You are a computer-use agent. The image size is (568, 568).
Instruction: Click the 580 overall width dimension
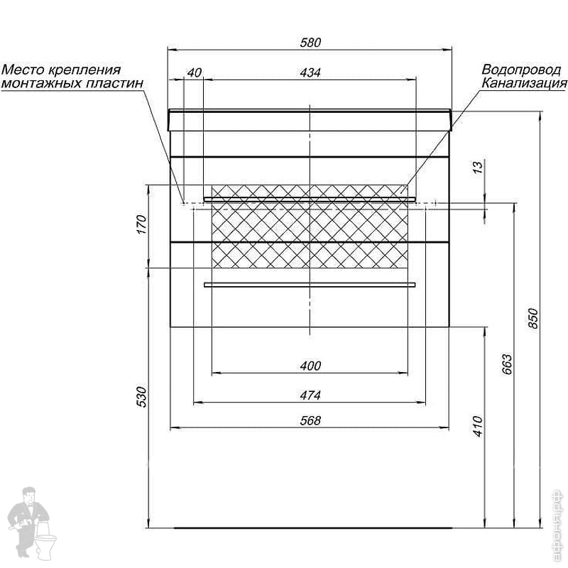click(310, 43)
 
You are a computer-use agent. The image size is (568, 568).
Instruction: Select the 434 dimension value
click(310, 72)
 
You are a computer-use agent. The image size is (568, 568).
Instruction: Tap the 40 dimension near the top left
click(195, 72)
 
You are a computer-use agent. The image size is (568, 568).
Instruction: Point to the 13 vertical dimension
click(478, 168)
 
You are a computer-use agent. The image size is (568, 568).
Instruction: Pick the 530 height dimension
click(141, 396)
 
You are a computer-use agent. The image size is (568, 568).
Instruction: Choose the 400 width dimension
click(310, 366)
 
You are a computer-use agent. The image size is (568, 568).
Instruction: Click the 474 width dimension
click(310, 395)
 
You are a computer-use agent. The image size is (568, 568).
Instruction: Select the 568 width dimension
click(310, 420)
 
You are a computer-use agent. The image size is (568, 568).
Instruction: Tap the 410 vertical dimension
click(478, 425)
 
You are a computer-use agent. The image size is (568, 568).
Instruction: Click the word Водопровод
click(521, 70)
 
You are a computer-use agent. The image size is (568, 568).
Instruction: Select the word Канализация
click(524, 83)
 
